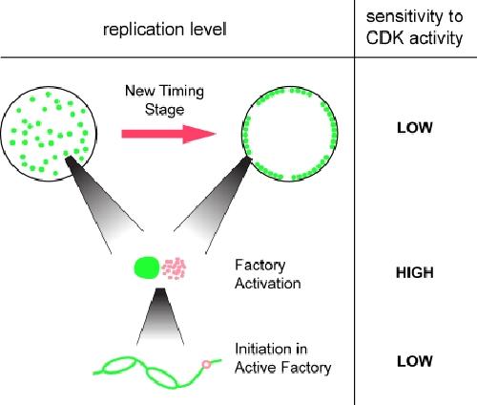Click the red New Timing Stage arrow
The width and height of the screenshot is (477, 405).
point(169,134)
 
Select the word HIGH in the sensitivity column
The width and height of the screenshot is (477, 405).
point(415,273)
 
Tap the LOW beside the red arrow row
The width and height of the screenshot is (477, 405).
point(415,128)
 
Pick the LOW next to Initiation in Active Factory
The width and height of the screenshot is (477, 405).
point(415,361)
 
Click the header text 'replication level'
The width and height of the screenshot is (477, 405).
point(165,30)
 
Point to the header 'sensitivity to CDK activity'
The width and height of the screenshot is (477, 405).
point(414,28)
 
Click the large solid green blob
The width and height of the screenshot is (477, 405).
point(147,267)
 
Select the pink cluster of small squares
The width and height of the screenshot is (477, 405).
point(174,268)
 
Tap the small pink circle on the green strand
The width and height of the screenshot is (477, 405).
point(206,364)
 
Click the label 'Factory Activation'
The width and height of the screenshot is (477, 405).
point(268,274)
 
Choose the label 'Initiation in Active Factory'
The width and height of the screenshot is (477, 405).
point(283,358)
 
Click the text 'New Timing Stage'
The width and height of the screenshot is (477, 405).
point(164,100)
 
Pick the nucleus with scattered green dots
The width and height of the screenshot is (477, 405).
point(49,134)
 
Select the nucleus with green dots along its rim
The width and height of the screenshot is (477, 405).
point(290,134)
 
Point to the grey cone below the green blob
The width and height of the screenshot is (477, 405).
point(160,316)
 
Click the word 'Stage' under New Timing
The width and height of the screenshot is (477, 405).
point(164,110)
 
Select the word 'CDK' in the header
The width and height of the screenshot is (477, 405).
point(385,38)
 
